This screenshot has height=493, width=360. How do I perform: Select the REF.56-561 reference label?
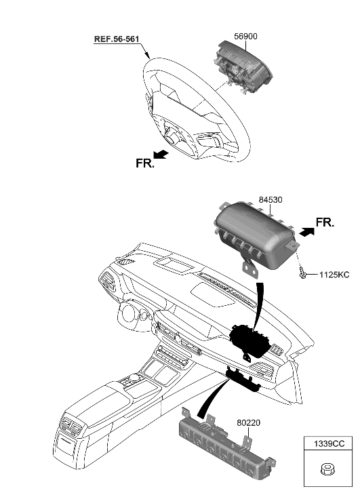[x=116, y=39]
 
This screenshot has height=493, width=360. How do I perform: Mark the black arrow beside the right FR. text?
[x=307, y=232]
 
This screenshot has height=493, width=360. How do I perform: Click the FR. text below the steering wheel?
[x=144, y=163]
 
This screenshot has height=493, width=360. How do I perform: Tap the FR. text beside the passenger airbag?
[x=325, y=222]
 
